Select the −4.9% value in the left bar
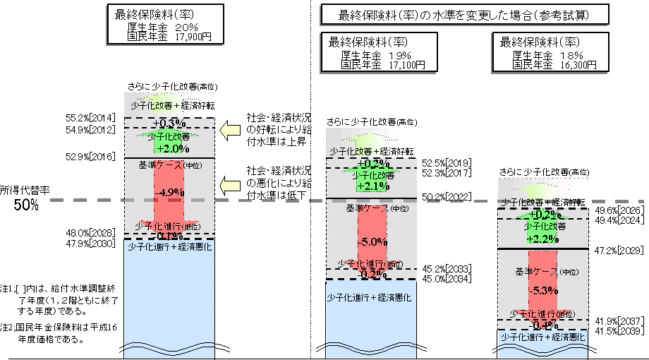click(x=169, y=192)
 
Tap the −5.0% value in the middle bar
click(x=372, y=241)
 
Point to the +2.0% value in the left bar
click(x=169, y=149)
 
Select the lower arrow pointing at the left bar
click(x=230, y=186)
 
